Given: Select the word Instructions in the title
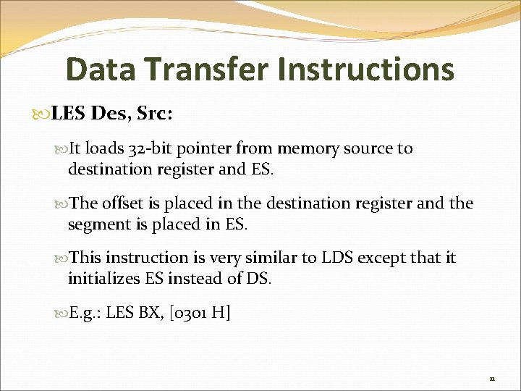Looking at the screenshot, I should (367, 70).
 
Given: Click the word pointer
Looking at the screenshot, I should (216, 149).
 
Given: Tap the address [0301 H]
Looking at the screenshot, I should (198, 313).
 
